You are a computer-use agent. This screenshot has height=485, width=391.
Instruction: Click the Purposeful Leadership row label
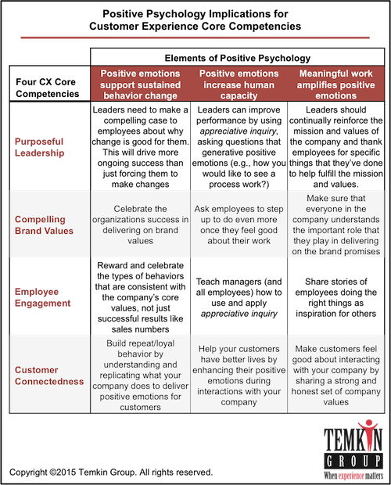point(40,147)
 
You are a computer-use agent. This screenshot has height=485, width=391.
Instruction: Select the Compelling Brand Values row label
point(44,225)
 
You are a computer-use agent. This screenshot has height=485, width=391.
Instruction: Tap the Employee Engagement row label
point(43,297)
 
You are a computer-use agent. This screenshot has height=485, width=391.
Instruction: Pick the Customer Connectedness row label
point(49,375)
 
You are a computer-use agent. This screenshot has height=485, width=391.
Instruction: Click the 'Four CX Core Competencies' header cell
point(47,88)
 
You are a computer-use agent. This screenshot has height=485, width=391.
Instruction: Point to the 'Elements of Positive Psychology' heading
point(238,58)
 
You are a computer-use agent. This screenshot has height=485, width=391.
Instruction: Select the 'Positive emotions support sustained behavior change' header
point(140,84)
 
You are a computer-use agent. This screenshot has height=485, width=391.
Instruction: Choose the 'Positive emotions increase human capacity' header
point(239,84)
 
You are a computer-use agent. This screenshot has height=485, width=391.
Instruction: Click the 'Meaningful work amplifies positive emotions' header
point(336,84)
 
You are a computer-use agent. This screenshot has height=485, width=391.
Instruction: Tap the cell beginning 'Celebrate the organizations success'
point(140,225)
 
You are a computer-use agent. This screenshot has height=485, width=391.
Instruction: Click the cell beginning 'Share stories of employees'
point(336,297)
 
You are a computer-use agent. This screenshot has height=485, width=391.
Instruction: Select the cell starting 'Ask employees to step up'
point(239,225)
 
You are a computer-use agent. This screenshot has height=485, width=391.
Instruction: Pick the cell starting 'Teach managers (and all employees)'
point(239,297)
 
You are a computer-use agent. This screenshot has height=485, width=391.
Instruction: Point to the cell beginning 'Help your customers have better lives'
point(239,375)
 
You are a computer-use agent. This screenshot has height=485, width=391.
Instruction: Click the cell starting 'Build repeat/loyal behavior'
point(140,375)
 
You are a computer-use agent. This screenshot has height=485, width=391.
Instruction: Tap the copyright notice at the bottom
point(111,472)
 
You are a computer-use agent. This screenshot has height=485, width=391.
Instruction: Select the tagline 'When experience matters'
point(353,476)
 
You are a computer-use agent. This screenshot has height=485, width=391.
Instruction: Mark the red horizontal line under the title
point(195,38)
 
